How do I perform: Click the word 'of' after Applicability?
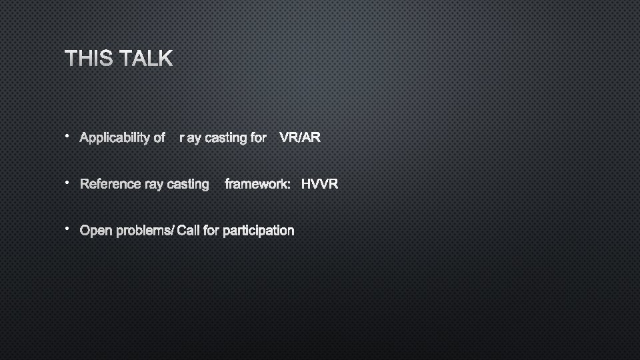159,138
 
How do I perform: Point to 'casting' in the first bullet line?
226,138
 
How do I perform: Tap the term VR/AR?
300,138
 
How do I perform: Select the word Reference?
110,184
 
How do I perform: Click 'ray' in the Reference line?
154,184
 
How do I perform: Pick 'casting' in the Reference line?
188,184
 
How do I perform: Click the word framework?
257,184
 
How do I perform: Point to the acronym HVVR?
319,184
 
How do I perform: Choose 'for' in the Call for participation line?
211,231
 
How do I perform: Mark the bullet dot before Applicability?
67,135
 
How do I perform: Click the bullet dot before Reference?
67,181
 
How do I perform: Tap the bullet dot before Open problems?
67,228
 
